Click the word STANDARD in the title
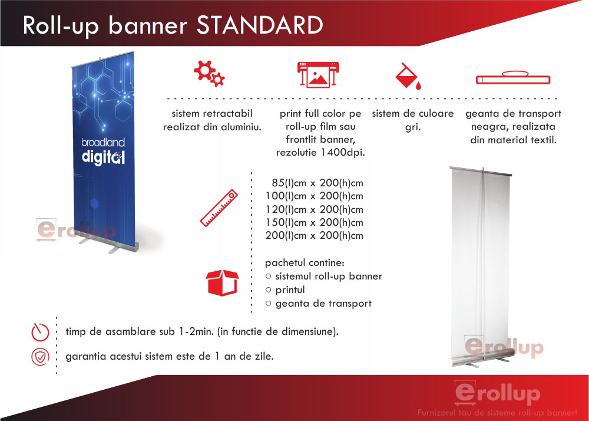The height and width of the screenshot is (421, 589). [x=260, y=25]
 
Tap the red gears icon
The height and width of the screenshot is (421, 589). [x=209, y=73]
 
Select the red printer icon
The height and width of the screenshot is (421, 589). [x=318, y=74]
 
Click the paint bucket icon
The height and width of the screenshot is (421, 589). [x=408, y=77]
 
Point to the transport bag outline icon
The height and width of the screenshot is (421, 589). [x=513, y=77]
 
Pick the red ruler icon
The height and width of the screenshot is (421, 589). [x=219, y=208]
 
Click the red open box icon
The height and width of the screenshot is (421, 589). [x=222, y=282]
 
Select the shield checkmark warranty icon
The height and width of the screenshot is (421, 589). [x=40, y=356]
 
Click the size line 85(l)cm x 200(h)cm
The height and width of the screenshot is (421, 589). [x=317, y=183]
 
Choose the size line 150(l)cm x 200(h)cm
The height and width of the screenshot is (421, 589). [x=315, y=222]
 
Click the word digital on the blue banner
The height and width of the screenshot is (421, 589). [x=103, y=157]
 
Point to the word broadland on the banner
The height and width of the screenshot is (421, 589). [x=103, y=143]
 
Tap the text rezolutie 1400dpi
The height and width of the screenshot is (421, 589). [x=320, y=153]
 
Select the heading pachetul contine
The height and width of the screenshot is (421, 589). [x=305, y=263]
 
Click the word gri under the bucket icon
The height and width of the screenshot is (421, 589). [x=413, y=127]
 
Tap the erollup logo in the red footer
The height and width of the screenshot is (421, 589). [x=497, y=393]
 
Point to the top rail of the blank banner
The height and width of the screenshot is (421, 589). [x=481, y=172]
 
